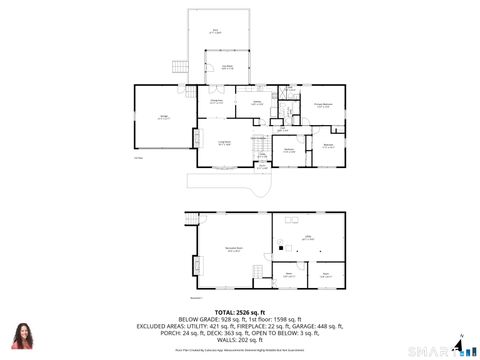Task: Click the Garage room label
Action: coord(163,118)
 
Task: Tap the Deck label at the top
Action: coord(215,31)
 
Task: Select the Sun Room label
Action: coord(228,67)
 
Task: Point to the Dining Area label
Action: coord(216,101)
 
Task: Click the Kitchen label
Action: coord(257,102)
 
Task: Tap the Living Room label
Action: coord(226,143)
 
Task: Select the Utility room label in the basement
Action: coord(310,237)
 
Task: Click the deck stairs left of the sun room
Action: coord(180,72)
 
